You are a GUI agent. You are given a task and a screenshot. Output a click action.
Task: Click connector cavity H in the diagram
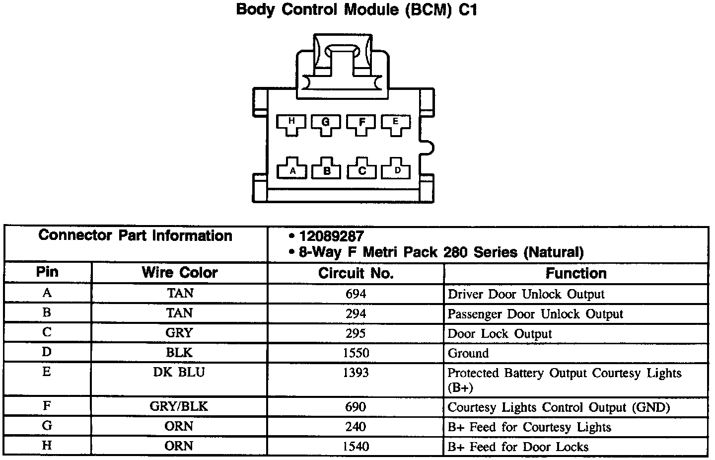[291, 124]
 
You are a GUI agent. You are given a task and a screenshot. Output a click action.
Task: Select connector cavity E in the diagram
[396, 124]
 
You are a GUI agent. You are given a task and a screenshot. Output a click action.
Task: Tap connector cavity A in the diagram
[292, 169]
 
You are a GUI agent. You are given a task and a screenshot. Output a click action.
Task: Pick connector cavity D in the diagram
[398, 169]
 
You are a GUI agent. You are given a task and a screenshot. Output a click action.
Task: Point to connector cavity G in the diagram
[326, 124]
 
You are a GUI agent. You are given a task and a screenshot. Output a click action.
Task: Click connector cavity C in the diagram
[362, 169]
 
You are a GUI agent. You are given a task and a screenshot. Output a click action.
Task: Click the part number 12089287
[331, 236]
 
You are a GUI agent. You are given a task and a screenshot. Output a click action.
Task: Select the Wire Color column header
[179, 273]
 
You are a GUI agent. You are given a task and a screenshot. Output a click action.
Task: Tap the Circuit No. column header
[356, 273]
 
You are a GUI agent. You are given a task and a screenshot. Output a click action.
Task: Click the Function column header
[576, 273]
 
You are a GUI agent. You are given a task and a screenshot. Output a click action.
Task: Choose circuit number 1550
[356, 353]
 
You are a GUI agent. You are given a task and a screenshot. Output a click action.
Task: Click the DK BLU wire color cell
[179, 373]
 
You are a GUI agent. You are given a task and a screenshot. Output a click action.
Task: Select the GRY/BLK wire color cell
[179, 407]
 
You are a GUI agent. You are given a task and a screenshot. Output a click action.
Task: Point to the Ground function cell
[468, 354]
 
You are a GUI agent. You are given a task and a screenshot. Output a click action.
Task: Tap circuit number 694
[356, 294]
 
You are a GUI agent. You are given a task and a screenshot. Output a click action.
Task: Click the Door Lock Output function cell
[500, 334]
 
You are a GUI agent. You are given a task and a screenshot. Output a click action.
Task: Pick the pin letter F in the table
[47, 406]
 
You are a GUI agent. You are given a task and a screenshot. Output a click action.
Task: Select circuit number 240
[356, 427]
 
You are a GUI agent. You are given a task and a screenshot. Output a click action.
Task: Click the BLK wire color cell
[179, 353]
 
